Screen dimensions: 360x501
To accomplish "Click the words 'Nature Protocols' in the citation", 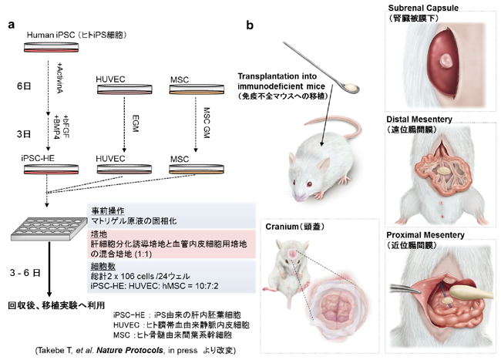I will [x=124, y=352].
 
